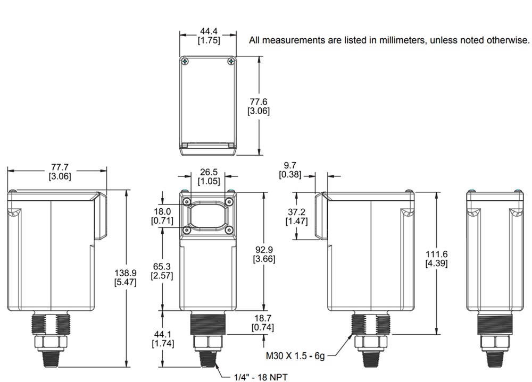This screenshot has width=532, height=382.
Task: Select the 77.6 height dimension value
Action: (x=259, y=101)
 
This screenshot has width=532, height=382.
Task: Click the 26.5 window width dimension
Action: (x=208, y=172)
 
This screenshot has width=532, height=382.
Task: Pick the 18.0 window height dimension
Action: (x=162, y=211)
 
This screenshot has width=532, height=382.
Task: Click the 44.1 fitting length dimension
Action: (x=162, y=334)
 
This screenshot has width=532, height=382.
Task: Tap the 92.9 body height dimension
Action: (x=263, y=249)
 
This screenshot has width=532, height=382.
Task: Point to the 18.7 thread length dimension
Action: (x=263, y=318)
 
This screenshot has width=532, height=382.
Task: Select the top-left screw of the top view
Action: (x=186, y=62)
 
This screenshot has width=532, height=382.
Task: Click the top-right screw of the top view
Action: (x=230, y=62)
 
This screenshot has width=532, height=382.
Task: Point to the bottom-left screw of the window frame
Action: (x=187, y=230)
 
